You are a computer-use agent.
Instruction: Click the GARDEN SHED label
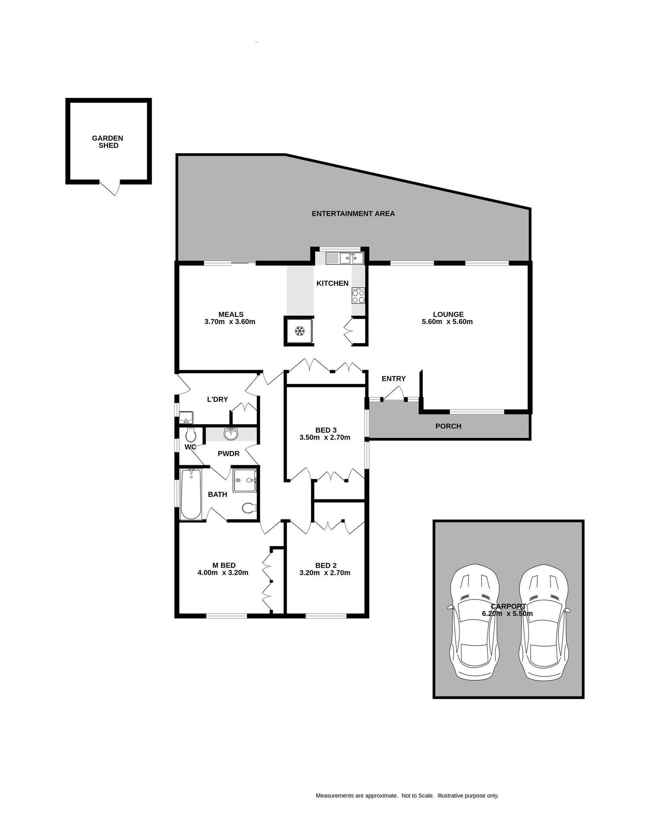click(108, 142)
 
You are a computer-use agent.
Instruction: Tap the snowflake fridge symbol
click(299, 332)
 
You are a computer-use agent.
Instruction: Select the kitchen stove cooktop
click(358, 296)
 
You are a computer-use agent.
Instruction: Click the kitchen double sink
click(345, 258)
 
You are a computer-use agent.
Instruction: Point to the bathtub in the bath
click(191, 494)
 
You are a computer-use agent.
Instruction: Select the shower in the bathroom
click(245, 480)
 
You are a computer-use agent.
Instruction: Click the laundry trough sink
click(186, 417)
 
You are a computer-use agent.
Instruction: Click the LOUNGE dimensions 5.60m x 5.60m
click(447, 322)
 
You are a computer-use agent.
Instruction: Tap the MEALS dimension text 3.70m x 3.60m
click(230, 322)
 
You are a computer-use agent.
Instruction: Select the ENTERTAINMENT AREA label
click(353, 213)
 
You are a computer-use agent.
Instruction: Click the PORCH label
click(448, 426)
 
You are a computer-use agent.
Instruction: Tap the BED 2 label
click(326, 565)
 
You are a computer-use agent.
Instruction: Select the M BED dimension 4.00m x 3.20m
click(223, 573)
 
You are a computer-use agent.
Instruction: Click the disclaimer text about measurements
click(407, 796)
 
